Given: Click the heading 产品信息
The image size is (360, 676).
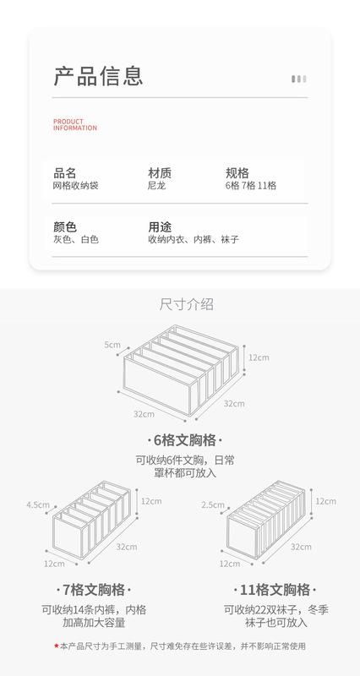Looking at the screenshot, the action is coord(98,76).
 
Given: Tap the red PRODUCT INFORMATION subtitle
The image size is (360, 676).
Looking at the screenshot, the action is coord(75,124).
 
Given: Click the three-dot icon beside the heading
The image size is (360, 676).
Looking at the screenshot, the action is coord(299,79).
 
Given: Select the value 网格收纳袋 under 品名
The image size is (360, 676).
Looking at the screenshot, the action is coord(76,186).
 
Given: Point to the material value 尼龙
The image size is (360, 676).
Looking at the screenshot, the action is coord(157,186).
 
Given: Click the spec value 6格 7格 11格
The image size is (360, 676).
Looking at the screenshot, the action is coord(251,186).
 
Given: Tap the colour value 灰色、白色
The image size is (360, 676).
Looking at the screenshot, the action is coord(76,239).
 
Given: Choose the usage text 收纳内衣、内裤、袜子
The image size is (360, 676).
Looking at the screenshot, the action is coord(194,239).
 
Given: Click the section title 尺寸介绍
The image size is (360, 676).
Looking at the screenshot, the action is coord(186,304).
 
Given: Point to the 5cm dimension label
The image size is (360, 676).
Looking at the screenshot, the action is coord(112,345).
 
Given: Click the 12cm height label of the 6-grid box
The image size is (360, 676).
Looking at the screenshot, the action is coord(259,357).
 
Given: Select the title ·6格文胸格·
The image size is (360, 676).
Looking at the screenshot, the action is coord(185,440).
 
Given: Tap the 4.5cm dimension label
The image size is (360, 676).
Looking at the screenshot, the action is coord(38,504).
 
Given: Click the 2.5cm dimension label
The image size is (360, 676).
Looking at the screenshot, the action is coord(213,504).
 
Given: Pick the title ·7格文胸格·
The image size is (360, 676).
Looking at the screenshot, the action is coord(94,589).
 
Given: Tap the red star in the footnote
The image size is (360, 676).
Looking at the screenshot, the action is coord(56,646).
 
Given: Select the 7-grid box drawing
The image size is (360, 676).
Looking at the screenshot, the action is coord(91,521).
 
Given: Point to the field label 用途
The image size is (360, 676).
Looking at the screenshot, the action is coord(160,226).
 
